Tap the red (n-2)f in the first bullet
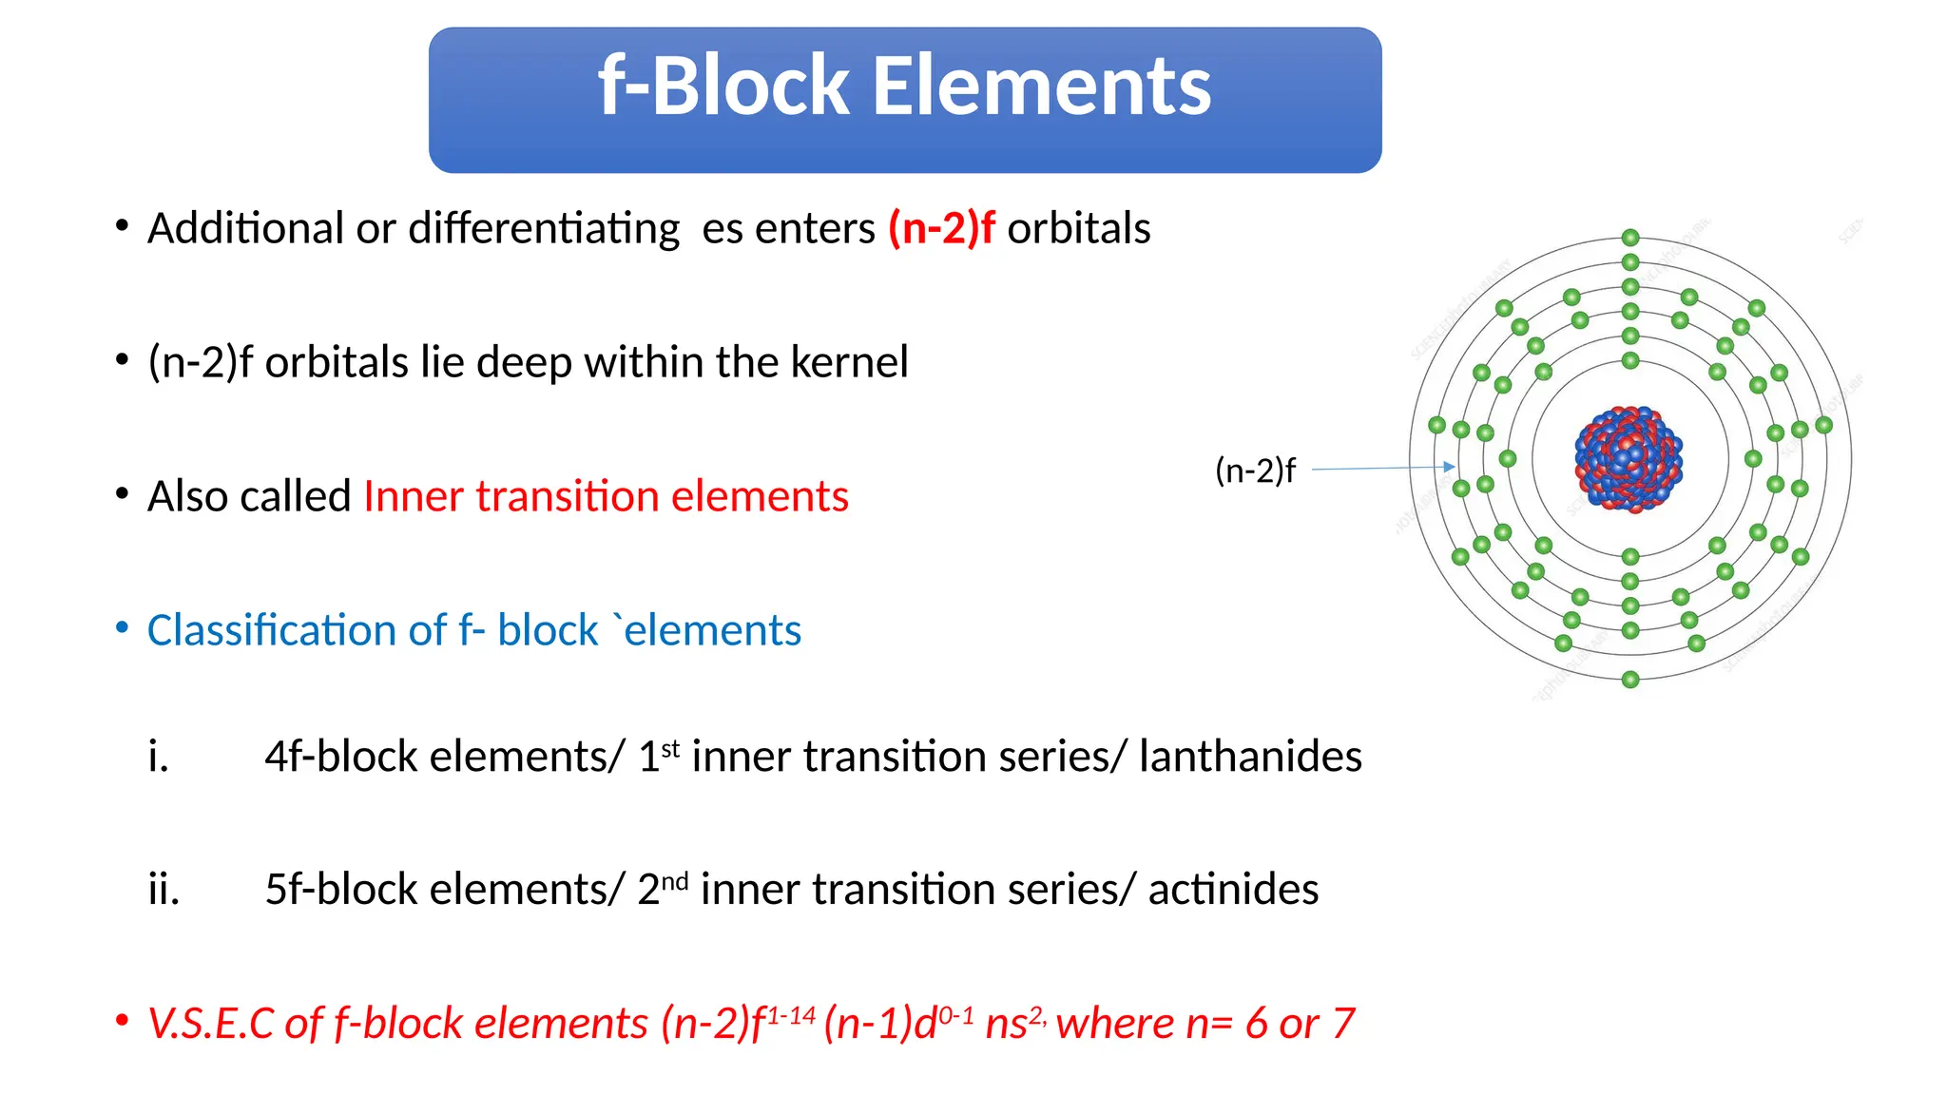tap(941, 229)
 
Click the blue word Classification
tap(296, 630)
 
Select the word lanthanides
tap(1250, 757)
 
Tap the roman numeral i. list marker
tap(159, 757)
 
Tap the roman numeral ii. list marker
tap(164, 890)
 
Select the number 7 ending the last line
tap(1342, 1024)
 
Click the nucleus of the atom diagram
tap(1629, 459)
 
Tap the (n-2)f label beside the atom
tap(1255, 471)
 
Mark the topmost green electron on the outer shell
tap(1630, 238)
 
